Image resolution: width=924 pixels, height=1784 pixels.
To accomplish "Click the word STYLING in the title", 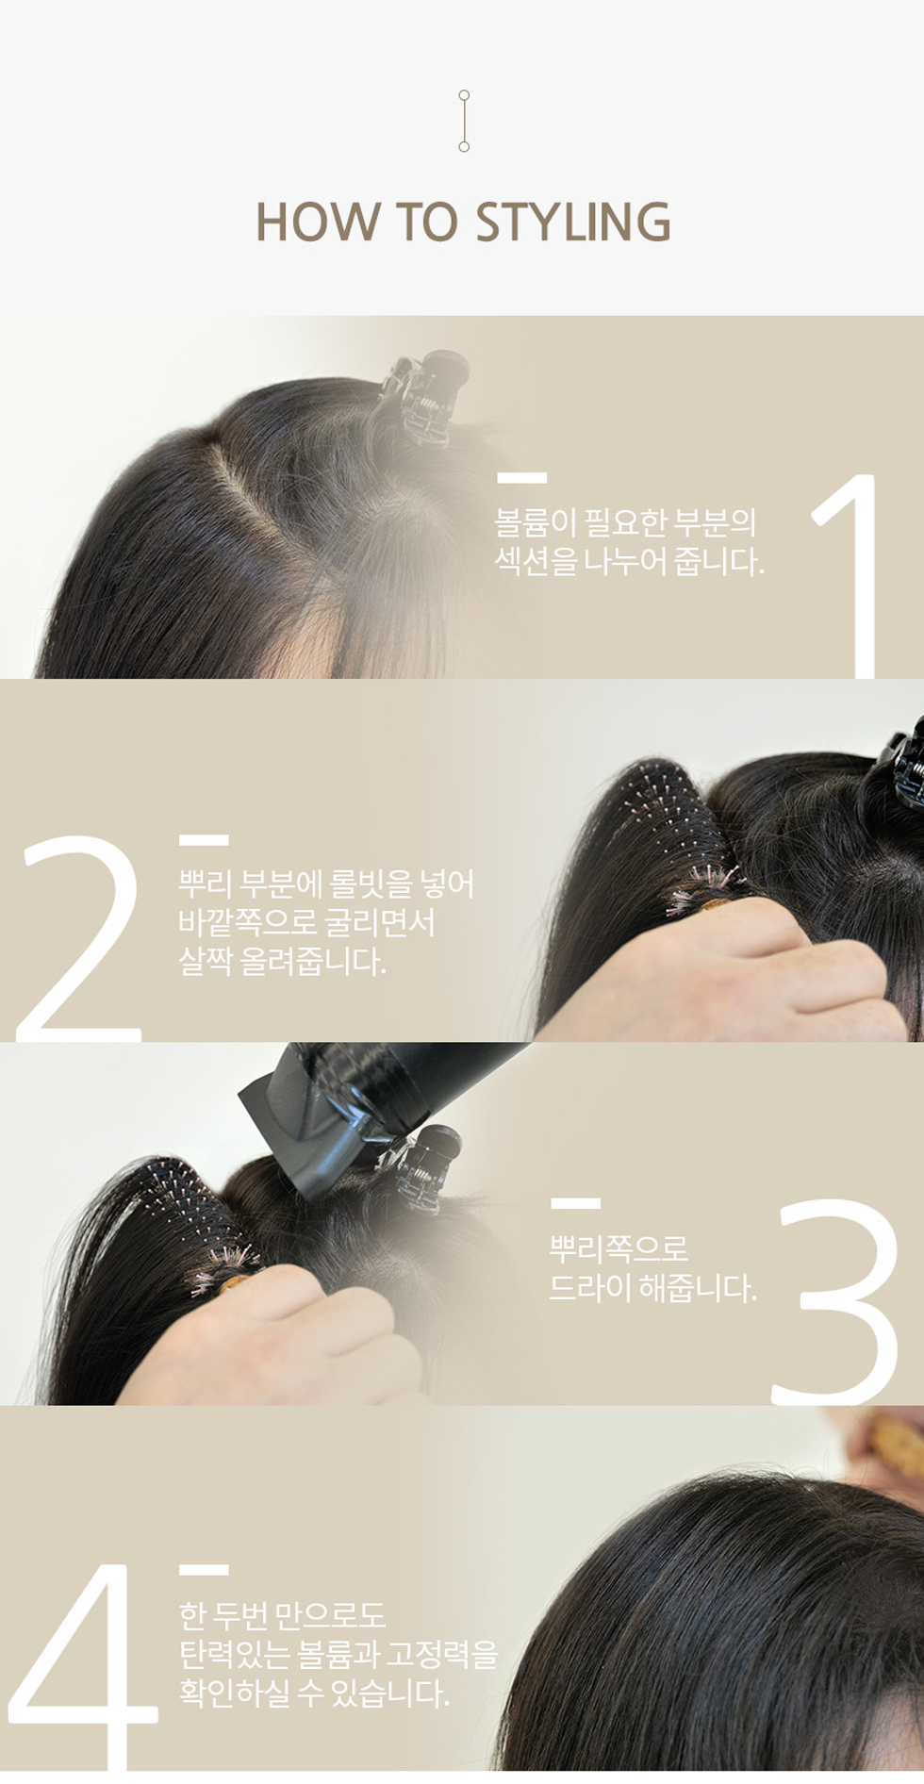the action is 573,223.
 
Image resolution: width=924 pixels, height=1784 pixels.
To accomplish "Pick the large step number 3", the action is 833,1300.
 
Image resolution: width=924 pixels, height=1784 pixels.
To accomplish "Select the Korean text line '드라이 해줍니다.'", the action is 653,1287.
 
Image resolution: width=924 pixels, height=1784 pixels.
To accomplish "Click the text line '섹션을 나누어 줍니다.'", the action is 630,562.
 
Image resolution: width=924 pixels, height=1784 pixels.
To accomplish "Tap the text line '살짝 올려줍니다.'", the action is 283,962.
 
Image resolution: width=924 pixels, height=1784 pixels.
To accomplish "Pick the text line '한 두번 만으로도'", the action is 283,1614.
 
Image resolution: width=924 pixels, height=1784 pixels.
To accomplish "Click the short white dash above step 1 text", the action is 521,479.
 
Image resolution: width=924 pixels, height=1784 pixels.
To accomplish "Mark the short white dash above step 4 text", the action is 204,1570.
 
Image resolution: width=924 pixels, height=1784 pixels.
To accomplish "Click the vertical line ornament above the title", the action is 464,121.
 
